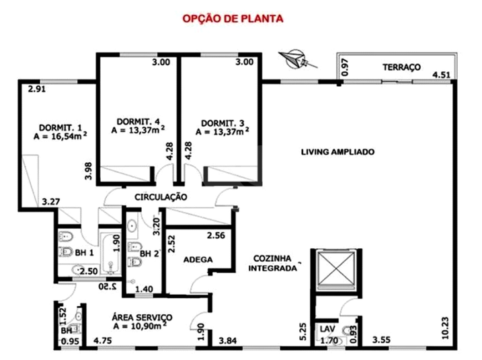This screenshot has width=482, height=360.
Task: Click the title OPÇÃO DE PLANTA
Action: click(233, 18)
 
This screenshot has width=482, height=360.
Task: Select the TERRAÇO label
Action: click(401, 67)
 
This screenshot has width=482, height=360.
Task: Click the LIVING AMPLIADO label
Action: click(337, 152)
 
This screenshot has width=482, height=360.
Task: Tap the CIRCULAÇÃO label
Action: click(160, 197)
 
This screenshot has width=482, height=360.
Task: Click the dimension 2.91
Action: click(37, 87)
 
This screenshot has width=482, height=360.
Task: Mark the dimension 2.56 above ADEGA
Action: click(216, 236)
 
